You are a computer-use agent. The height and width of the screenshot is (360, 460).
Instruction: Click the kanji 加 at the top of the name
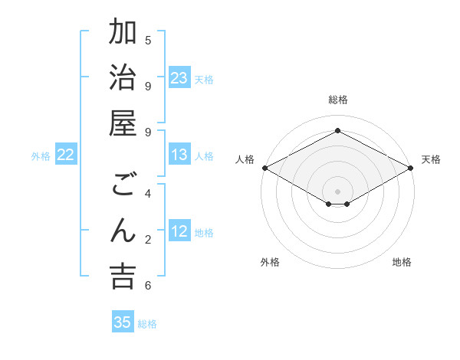pos(123,33)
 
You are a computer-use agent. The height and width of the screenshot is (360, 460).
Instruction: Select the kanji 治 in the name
pos(123,78)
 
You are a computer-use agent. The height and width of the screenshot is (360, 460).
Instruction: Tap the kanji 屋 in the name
pos(123,124)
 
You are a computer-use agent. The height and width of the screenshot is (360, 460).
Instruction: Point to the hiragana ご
pos(123,185)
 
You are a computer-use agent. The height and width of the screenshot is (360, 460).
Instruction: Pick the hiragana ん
pos(123,231)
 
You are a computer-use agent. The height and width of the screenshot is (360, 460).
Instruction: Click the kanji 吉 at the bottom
pos(123,277)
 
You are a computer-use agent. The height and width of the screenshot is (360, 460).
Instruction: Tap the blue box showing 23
pos(179,78)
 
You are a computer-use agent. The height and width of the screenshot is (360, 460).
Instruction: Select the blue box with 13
pos(179,155)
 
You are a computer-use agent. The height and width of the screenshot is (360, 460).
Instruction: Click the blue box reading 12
pos(179,232)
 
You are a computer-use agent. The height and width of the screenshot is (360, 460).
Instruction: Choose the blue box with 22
pos(66,155)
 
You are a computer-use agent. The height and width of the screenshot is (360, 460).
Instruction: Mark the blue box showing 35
pos(123,322)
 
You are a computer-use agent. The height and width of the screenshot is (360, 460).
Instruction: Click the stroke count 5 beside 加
pos(148,40)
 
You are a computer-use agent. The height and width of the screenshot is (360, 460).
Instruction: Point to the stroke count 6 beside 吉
pos(148,285)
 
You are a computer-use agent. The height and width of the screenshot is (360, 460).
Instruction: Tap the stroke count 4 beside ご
pos(148,194)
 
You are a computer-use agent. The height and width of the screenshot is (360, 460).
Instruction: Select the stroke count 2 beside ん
pos(148,240)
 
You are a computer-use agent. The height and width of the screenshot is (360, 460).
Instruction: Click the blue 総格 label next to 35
pos(147,324)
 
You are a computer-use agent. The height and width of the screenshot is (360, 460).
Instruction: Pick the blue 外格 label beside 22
pos(41,156)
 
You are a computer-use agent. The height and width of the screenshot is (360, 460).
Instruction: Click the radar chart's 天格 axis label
pos(431,159)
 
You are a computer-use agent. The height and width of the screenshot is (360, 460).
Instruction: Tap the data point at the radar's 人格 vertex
pos(264,168)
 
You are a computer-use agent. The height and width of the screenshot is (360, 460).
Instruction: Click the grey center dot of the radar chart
pos(337,191)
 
